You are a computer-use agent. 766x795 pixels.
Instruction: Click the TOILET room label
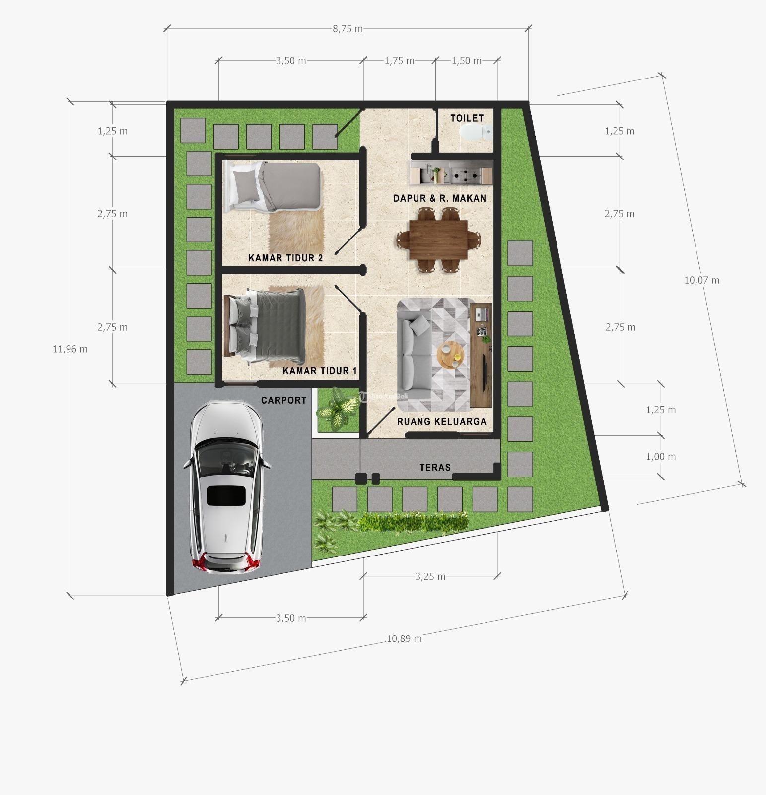click(x=467, y=118)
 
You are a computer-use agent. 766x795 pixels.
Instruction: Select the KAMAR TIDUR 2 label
click(x=285, y=258)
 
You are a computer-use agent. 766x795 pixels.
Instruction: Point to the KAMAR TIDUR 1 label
click(x=320, y=371)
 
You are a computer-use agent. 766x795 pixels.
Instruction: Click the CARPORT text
click(x=284, y=400)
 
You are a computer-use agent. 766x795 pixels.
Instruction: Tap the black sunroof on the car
click(x=226, y=496)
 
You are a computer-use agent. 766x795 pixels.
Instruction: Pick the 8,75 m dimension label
click(x=348, y=29)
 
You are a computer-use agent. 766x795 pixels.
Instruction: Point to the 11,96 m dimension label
click(x=70, y=349)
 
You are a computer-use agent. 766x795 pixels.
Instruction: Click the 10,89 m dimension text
click(x=404, y=638)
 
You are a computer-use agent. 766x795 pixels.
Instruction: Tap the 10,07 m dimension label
click(x=701, y=280)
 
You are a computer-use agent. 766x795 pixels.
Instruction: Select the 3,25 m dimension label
click(x=430, y=577)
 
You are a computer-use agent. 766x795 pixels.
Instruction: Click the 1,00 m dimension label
click(x=661, y=457)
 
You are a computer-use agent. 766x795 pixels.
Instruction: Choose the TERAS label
click(x=435, y=468)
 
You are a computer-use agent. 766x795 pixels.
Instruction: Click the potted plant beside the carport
click(x=338, y=408)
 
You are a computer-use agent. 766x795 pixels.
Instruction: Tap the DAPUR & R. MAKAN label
click(x=440, y=199)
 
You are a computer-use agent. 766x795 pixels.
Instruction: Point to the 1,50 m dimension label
click(x=466, y=61)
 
